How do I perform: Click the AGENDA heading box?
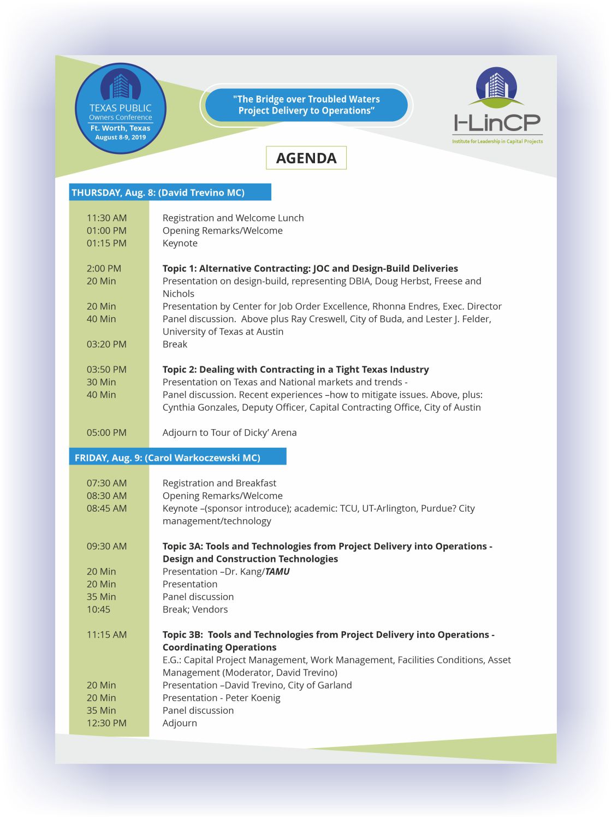(x=306, y=158)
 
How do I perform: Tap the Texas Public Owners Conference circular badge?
(x=120, y=108)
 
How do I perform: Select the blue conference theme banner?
(x=306, y=105)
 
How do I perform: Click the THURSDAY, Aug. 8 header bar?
(x=170, y=192)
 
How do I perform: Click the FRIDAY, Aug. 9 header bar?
(x=177, y=458)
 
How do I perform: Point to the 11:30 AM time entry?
(x=106, y=218)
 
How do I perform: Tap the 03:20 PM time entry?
(x=106, y=344)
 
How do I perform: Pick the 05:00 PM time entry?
(x=106, y=432)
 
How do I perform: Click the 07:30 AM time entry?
(x=106, y=483)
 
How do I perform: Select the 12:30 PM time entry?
(x=106, y=723)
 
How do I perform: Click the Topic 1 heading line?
(x=310, y=268)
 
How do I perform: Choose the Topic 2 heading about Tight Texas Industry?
(x=295, y=370)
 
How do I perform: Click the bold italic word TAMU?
(x=277, y=572)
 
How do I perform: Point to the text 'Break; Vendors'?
(x=195, y=609)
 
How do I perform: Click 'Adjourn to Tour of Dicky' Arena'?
(x=229, y=432)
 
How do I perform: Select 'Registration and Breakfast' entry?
(x=219, y=483)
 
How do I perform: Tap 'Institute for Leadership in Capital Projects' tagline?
(x=497, y=141)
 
